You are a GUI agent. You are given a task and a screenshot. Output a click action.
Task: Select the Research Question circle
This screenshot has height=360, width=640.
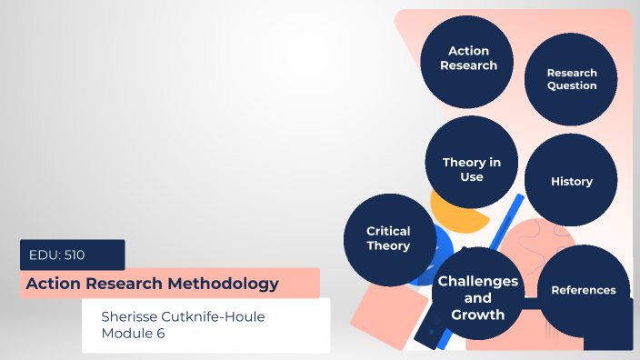click(x=572, y=80)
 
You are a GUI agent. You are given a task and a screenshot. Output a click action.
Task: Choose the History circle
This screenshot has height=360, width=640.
click(x=572, y=181)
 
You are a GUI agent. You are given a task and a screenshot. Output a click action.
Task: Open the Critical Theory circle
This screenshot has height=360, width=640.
click(x=388, y=239)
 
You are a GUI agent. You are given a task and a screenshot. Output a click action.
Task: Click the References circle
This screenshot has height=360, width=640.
click(x=584, y=290)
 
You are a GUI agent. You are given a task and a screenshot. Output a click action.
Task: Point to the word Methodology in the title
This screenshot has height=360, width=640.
click(x=222, y=284)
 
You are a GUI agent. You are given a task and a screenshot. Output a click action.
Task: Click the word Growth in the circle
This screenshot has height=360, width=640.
click(x=478, y=315)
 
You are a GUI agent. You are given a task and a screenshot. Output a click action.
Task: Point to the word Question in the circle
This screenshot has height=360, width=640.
click(x=572, y=86)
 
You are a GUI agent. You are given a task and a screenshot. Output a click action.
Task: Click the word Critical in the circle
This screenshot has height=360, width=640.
click(x=388, y=231)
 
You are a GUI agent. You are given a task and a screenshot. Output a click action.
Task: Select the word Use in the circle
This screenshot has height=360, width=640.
click(x=471, y=177)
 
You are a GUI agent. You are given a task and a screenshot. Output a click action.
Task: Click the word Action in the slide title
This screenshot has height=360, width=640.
click(x=51, y=284)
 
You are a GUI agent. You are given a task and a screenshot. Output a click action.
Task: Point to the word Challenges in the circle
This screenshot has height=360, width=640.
click(x=478, y=281)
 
